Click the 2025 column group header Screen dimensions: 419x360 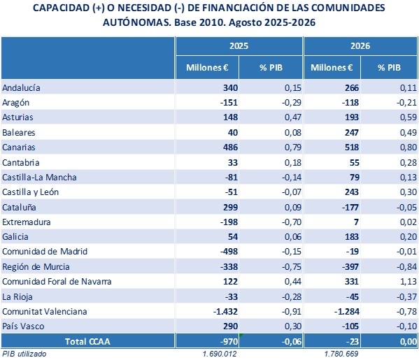tap(239, 46)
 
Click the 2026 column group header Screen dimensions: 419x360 tap(360, 46)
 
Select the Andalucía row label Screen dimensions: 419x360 tap(21, 88)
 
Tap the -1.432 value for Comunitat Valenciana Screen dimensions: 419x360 tap(225, 311)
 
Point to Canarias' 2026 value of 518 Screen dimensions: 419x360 tap(352, 147)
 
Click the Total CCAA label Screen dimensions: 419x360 tap(87, 341)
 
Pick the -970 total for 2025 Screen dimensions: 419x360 tap(229, 341)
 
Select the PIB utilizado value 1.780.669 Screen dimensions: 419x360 tap(341, 354)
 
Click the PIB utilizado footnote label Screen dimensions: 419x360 tap(24, 354)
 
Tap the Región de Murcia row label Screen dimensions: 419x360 tap(36, 267)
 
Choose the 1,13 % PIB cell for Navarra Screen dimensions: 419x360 tap(409, 282)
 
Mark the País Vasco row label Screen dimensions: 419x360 tap(23, 326)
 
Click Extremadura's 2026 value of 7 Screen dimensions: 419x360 tap(356, 222)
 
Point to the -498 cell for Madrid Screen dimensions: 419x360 tap(229, 252)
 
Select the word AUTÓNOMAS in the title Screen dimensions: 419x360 tap(137, 22)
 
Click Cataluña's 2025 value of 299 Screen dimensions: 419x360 tap(230, 207)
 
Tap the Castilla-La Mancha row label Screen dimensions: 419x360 tap(39, 178)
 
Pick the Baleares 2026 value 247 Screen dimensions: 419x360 tap(352, 132)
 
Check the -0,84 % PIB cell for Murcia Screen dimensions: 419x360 tap(406, 267)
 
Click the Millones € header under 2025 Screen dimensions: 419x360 tap(207, 68)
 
